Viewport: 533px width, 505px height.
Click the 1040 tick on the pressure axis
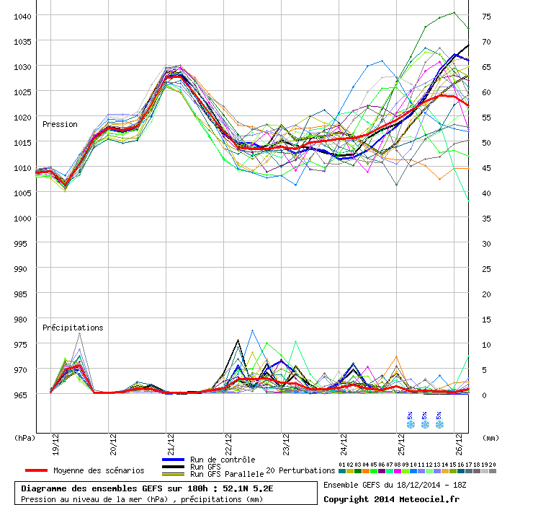click(22, 17)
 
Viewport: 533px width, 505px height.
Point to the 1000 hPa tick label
click(22, 219)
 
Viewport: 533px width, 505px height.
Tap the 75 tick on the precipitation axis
click(486, 17)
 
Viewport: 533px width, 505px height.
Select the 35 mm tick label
click(486, 219)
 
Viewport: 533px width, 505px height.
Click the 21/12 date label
click(171, 444)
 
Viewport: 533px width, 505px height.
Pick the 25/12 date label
click(401, 444)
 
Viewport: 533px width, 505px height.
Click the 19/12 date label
click(55, 444)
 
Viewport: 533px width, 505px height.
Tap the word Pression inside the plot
click(60, 124)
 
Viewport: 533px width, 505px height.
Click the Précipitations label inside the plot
click(73, 328)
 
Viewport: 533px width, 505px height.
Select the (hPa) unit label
click(24, 438)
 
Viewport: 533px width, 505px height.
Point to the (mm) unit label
click(491, 438)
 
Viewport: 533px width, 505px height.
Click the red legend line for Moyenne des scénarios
click(36, 470)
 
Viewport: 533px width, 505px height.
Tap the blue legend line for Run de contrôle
click(174, 460)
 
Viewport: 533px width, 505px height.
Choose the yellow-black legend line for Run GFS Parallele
click(174, 474)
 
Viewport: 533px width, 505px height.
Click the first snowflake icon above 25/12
click(411, 424)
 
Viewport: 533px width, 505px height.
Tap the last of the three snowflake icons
click(439, 424)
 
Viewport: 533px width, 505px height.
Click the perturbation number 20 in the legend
click(492, 465)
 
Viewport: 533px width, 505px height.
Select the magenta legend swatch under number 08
click(398, 471)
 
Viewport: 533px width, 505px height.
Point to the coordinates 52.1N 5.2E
click(248, 488)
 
